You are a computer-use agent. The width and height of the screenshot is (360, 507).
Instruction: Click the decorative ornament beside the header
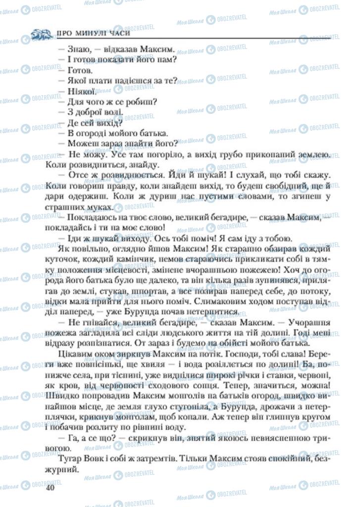[x=41, y=34]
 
